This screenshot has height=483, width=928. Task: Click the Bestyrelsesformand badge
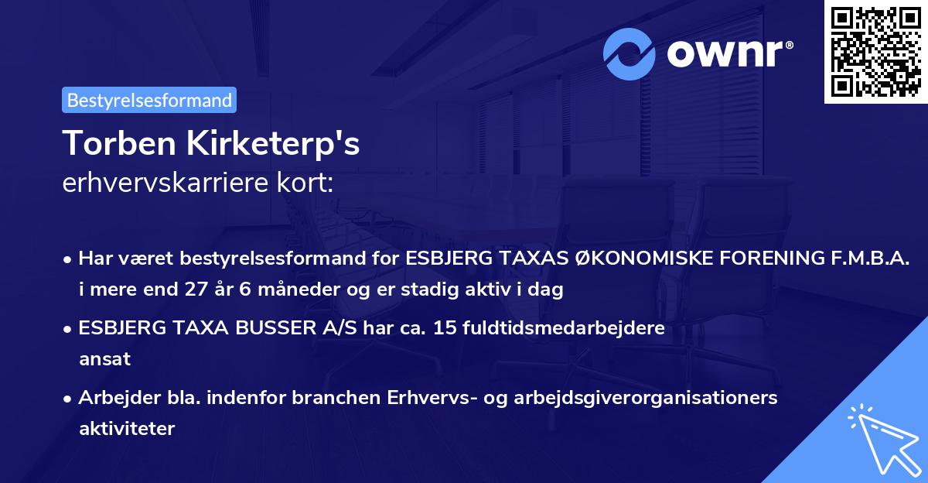[x=149, y=100]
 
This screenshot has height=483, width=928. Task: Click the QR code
[x=875, y=51]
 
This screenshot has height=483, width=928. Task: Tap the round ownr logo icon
[x=630, y=53]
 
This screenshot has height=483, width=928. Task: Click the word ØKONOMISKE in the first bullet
[x=642, y=259]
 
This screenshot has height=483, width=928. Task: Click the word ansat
[x=104, y=359]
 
